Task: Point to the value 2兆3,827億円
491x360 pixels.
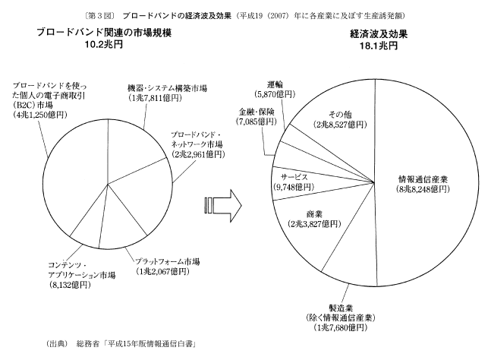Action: coord(314,226)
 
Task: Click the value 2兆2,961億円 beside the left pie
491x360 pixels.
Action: coord(197,153)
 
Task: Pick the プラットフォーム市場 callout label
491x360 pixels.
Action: coord(167,261)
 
